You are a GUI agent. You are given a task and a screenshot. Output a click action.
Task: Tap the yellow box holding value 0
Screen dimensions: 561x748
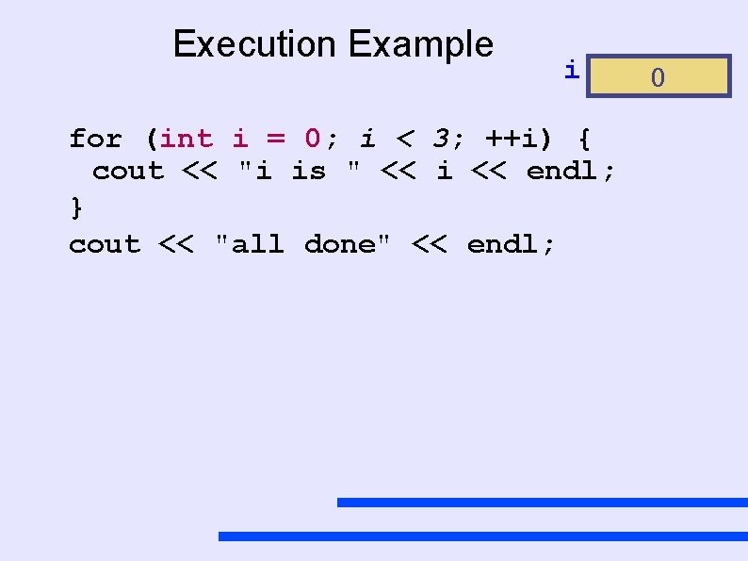pos(658,76)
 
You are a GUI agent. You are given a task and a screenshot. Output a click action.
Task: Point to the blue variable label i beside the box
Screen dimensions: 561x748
pos(571,69)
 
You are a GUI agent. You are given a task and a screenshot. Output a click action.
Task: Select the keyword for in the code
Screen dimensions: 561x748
pos(95,140)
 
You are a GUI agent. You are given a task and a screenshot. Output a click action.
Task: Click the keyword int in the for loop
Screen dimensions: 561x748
pos(187,140)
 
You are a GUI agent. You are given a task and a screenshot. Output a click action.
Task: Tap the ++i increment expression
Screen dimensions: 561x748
pos(518,140)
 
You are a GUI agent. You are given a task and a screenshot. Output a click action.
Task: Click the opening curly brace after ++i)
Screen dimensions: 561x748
pos(584,140)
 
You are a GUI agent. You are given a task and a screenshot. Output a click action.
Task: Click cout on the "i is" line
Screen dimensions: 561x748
pos(128,172)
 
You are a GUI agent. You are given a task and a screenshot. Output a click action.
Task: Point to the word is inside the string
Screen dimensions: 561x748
pos(308,172)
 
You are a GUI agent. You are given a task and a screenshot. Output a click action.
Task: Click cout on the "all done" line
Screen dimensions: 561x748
pos(104,245)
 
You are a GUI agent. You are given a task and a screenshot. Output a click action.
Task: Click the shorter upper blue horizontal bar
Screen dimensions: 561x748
pos(542,503)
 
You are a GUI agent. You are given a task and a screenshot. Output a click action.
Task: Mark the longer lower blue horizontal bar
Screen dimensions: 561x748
pos(482,536)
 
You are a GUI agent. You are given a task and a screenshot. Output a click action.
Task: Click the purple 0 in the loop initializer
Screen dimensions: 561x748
pos(314,140)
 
